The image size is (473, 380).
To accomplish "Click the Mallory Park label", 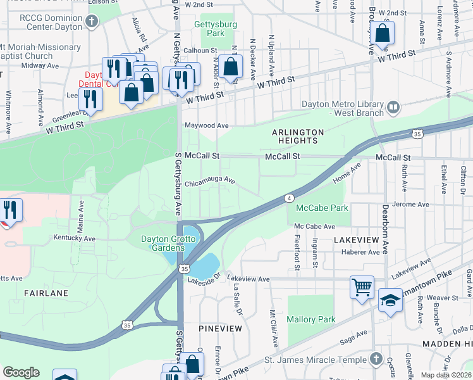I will pyautogui.click(x=311, y=320).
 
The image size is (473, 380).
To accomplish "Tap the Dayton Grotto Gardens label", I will pyautogui.click(x=163, y=243).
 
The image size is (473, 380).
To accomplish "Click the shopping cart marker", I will pyautogui.click(x=362, y=287).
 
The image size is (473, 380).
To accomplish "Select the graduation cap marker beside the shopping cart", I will pyautogui.click(x=390, y=300).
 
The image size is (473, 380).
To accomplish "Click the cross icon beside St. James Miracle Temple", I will pyautogui.click(x=376, y=359).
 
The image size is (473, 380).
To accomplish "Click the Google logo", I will pyautogui.click(x=21, y=372).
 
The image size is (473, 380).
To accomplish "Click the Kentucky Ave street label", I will pyautogui.click(x=74, y=239).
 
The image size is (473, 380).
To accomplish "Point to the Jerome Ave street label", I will pyautogui.click(x=410, y=205).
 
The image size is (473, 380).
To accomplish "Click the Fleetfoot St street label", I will pyautogui.click(x=297, y=253).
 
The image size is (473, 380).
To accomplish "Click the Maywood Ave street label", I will pyautogui.click(x=206, y=125).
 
